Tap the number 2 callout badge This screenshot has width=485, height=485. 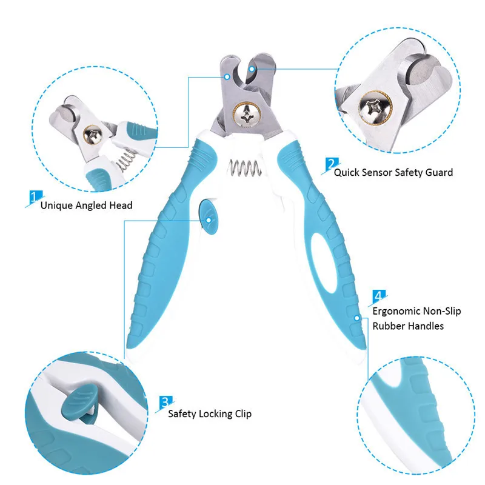click(331, 164)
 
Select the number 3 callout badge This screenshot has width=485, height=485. click(165, 402)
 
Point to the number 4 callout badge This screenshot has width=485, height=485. click(378, 296)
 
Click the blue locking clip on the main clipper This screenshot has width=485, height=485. click(207, 218)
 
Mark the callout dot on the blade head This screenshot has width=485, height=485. click(227, 77)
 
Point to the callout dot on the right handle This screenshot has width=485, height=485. click(358, 316)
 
